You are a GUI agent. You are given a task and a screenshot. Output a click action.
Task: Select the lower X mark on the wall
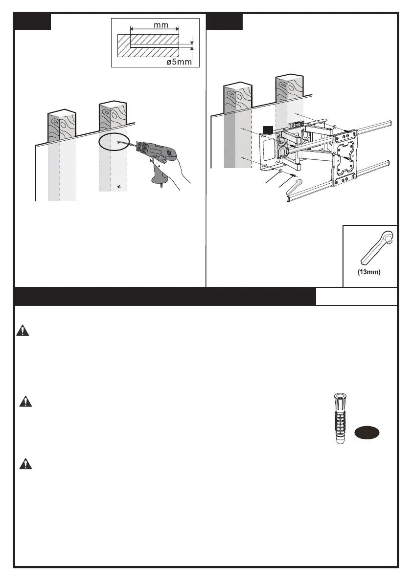pyautogui.click(x=119, y=187)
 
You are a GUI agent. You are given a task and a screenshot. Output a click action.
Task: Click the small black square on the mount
pyautogui.click(x=267, y=129)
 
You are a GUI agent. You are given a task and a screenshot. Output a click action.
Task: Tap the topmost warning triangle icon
pyautogui.click(x=23, y=331)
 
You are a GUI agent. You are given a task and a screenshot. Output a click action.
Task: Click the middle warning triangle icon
pyautogui.click(x=24, y=402)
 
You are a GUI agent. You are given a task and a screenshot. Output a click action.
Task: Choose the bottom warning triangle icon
pyautogui.click(x=24, y=464)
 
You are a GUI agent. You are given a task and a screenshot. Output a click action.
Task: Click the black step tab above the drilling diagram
pyautogui.click(x=33, y=22)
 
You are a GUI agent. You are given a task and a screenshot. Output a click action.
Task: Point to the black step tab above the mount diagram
pyautogui.click(x=225, y=22)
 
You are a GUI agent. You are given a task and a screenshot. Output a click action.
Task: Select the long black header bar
pyautogui.click(x=164, y=297)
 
